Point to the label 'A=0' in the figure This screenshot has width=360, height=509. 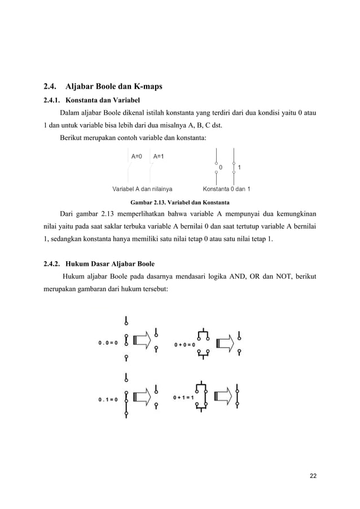coord(137,156)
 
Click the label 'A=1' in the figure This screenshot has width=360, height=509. coord(159,156)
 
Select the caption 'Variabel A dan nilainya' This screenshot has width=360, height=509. coord(143,188)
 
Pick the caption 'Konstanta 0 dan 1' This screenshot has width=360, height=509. coord(227,188)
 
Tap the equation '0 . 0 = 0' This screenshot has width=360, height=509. coord(108,342)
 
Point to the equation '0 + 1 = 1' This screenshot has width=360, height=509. coord(184,397)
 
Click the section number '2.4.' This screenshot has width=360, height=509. coord(52,87)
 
